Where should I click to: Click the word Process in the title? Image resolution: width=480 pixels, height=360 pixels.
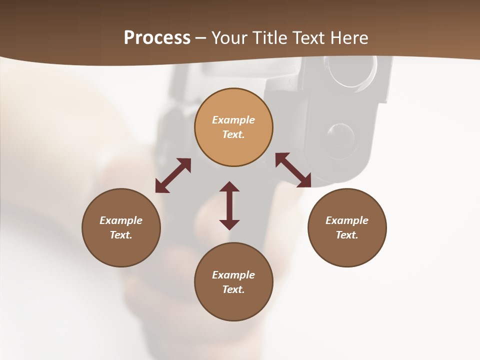click(157, 38)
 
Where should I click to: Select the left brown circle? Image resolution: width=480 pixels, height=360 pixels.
click(121, 250)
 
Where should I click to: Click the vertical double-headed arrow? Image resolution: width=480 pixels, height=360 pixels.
click(229, 205)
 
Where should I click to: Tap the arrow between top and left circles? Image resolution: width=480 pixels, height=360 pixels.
click(173, 175)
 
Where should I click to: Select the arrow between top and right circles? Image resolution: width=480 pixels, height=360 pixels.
click(293, 170)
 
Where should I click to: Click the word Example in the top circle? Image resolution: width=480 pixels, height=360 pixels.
click(233, 120)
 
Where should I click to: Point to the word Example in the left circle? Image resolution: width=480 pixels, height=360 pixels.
click(121, 220)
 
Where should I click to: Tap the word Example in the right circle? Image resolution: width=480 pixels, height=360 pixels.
click(347, 220)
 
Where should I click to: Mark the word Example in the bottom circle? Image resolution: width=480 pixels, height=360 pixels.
click(233, 275)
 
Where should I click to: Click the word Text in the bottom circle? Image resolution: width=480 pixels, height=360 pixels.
click(233, 289)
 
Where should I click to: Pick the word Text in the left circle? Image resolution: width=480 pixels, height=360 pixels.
click(121, 235)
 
